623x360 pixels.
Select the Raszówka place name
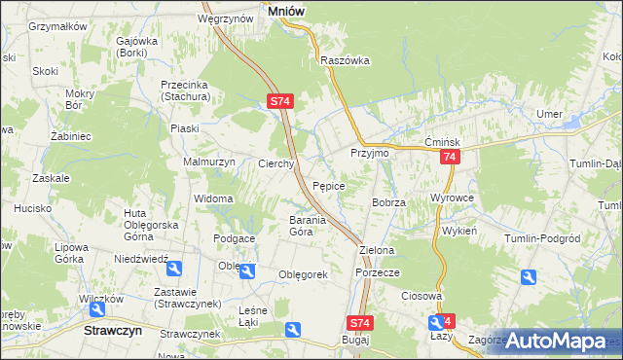(346, 59)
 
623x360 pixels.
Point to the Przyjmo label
(369, 154)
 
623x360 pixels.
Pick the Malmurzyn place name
(209, 162)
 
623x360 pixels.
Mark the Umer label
(549, 114)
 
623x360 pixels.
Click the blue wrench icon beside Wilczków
(97, 309)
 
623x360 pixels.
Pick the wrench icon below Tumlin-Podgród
(528, 277)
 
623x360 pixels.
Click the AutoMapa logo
(556, 342)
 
